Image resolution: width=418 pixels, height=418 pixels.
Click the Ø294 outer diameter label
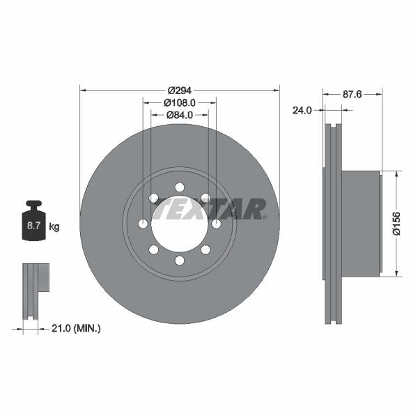point(179,91)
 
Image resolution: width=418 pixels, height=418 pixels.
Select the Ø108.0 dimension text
point(179,102)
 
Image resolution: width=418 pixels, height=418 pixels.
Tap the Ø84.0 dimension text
point(179,115)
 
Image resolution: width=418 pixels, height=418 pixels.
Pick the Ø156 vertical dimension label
point(396,223)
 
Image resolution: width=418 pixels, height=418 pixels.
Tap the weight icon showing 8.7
point(33,223)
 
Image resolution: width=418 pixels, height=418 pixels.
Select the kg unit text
point(54,226)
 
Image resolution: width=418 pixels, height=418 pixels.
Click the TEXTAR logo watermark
point(209,208)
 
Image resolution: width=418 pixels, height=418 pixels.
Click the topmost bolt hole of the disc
point(180,187)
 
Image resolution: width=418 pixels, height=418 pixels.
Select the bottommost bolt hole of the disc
point(180,261)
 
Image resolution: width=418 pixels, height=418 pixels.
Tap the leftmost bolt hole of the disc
point(143,224)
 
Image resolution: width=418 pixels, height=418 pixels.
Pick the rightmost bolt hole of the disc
point(217,224)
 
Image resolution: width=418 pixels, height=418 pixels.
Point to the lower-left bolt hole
point(154,249)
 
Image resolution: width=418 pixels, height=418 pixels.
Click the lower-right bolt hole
point(206,249)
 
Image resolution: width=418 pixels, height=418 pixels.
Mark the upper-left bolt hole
point(154,198)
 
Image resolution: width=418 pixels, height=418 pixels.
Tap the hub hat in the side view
point(362,223)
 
